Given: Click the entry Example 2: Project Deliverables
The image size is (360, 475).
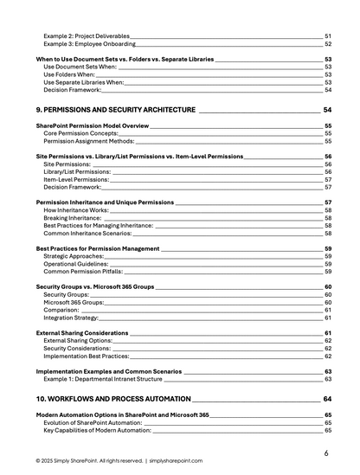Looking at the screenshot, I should tap(86, 35).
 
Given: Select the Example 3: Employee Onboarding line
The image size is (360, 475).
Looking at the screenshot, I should tap(89, 43).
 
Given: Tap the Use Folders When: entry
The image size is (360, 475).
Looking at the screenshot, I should tap(68, 74).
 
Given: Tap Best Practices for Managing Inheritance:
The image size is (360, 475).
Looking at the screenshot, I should tap(99, 226).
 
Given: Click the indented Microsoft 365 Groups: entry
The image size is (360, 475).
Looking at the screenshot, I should tap(74, 303).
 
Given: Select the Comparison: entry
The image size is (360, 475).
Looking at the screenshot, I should tap(61, 310).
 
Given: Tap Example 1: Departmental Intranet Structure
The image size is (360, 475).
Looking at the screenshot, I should tap(102, 379).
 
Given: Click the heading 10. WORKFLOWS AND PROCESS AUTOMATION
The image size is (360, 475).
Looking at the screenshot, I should tap(112, 399).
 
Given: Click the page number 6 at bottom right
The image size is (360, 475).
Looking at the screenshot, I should tap(325, 453).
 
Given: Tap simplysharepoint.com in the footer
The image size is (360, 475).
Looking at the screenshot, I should tap(177, 461).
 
